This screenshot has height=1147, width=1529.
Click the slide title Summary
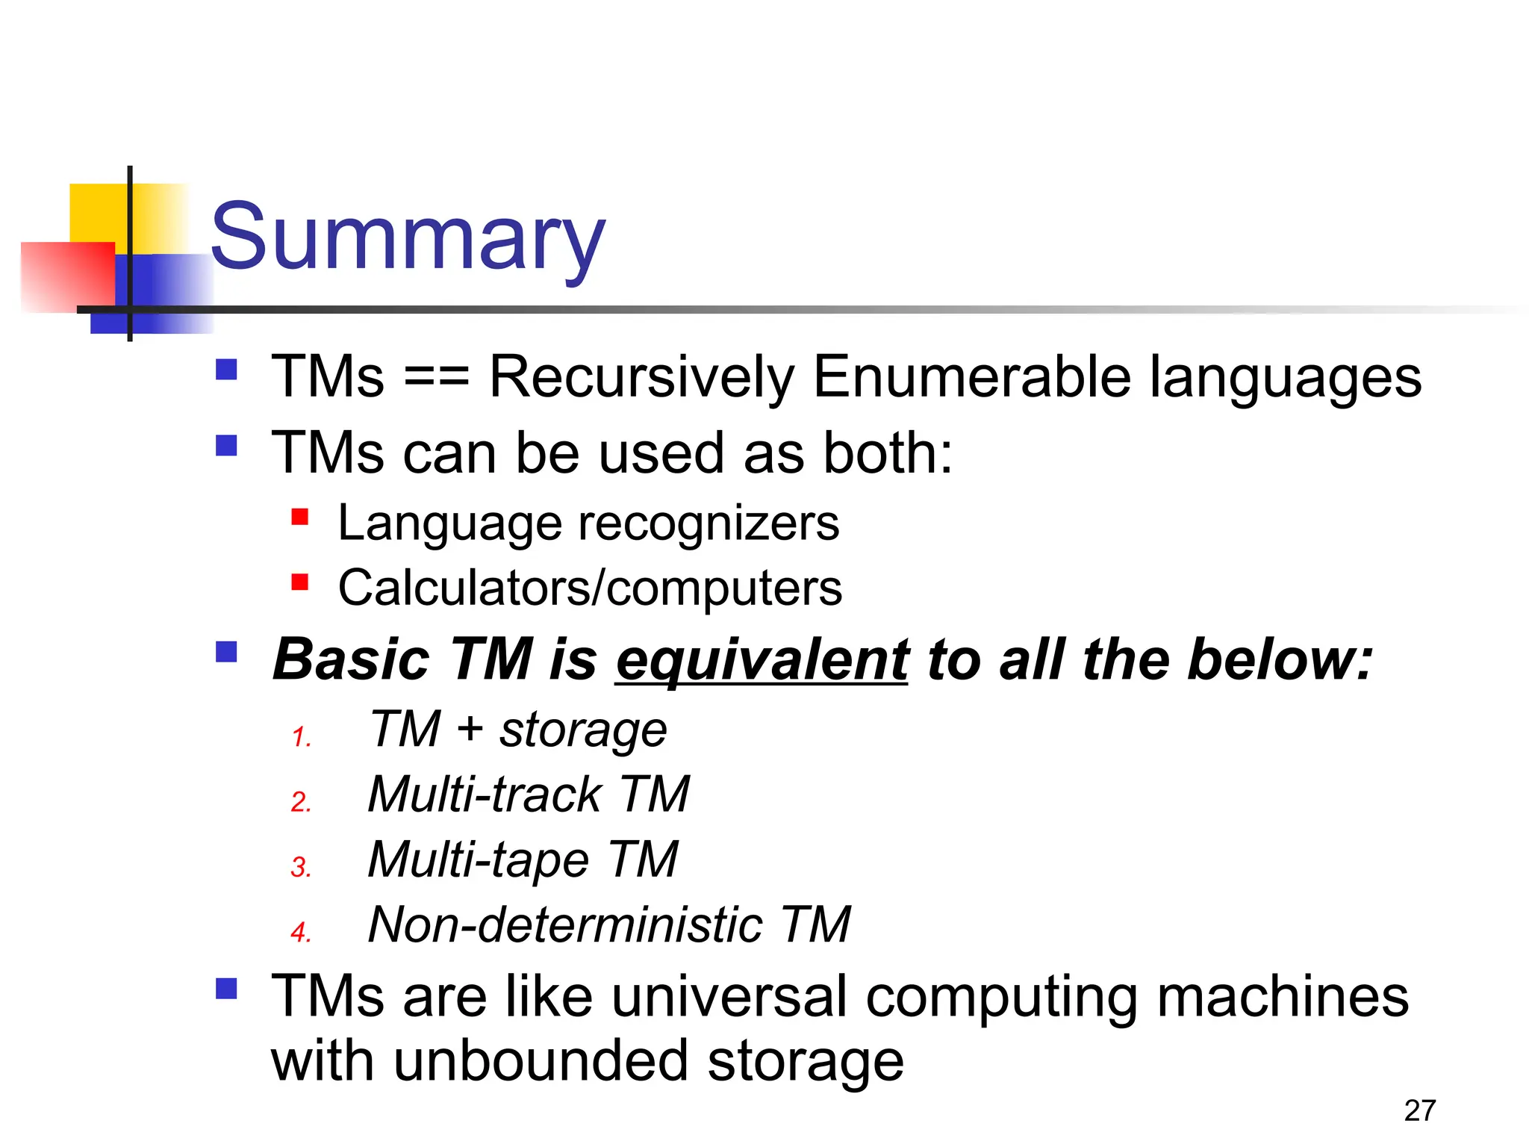[408, 237]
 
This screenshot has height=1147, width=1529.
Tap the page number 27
[1419, 1110]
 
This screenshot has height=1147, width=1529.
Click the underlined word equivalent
[762, 660]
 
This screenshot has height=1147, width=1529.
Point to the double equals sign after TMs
[437, 378]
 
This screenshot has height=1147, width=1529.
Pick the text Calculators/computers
[590, 588]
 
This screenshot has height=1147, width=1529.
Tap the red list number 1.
[301, 737]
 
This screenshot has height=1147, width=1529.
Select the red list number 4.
[301, 932]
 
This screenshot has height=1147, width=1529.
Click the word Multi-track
[485, 794]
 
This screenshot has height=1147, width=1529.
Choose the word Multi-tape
[479, 860]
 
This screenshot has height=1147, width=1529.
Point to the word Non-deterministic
[565, 924]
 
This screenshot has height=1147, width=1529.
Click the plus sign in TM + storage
[470, 729]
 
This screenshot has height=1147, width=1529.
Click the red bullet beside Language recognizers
[300, 517]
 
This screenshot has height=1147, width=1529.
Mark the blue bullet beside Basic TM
[226, 652]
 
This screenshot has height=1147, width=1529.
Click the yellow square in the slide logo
[97, 212]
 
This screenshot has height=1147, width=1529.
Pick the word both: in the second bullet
[888, 453]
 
